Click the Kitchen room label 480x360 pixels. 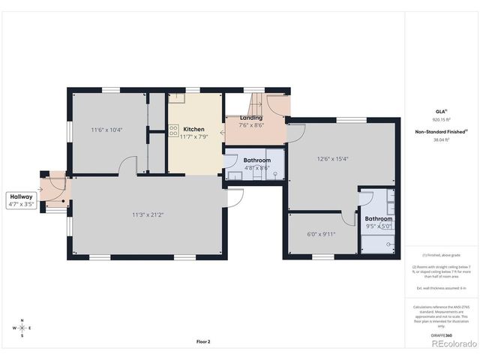click(x=193, y=129)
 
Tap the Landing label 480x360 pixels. click(x=250, y=118)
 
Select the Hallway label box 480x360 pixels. click(x=22, y=199)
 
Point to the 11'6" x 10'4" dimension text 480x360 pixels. click(x=106, y=130)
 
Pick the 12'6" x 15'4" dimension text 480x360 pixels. click(x=332, y=158)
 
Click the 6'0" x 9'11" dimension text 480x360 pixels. click(x=321, y=233)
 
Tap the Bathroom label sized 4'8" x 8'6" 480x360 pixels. click(x=256, y=160)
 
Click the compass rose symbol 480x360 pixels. click(x=22, y=328)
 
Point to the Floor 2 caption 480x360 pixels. click(x=203, y=341)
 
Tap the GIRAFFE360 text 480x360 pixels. click(x=441, y=335)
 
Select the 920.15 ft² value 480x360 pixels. click(x=440, y=119)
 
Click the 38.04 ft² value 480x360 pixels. click(x=440, y=140)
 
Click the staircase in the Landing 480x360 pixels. click(x=255, y=103)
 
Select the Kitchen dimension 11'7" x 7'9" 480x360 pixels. click(x=194, y=137)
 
